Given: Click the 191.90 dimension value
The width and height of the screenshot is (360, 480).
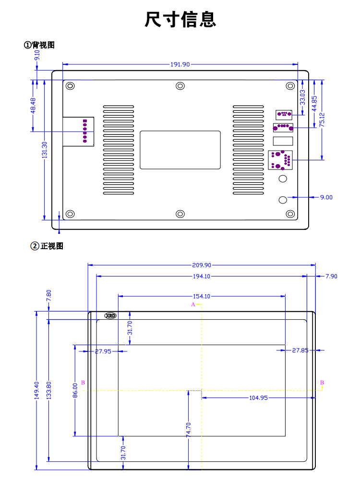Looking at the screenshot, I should [180, 64].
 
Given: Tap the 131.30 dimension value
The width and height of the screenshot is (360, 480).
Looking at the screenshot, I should [45, 150].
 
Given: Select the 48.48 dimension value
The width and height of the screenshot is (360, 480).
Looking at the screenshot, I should [33, 105].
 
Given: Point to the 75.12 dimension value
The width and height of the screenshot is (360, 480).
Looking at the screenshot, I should [322, 120].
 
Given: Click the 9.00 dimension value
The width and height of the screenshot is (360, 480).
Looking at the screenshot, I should [326, 197].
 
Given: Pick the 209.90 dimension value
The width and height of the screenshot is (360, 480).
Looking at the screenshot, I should [202, 264].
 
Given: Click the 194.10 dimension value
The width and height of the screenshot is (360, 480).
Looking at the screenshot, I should [202, 276].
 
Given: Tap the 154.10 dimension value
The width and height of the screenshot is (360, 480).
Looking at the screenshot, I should [202, 296].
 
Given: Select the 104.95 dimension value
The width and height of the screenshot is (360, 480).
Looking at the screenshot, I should [258, 398].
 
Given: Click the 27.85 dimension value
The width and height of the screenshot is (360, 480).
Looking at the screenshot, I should [300, 350].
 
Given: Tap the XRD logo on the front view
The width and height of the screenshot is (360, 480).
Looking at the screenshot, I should [110, 316].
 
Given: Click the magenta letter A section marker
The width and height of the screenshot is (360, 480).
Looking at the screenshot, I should [193, 304].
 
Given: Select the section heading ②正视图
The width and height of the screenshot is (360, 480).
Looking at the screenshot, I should [47, 246].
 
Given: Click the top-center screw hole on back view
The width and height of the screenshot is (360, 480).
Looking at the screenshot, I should [180, 86].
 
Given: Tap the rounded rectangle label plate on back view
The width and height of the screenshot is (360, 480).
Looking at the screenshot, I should [180, 150].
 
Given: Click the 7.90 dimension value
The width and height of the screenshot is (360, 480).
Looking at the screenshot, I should [331, 276].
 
